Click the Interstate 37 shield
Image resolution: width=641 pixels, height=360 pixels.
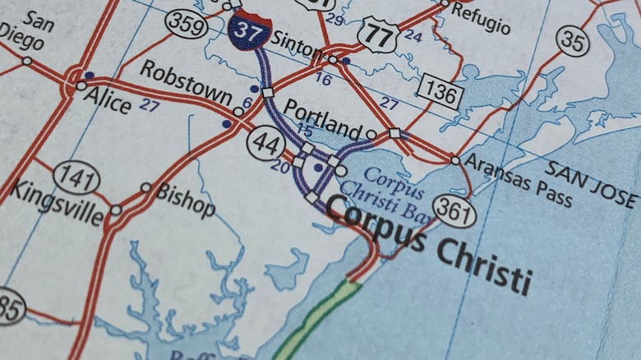pos(250,30)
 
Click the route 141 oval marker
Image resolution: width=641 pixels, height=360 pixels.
pos(76,177)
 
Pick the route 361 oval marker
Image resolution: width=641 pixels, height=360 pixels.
pos(454,212)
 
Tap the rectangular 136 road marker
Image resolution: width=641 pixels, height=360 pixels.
pos(440,93)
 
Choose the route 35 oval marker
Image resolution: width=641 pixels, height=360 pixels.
pos(573,40)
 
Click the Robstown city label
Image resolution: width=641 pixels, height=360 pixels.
pos(185,82)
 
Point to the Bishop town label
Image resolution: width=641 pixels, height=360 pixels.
pos(185,200)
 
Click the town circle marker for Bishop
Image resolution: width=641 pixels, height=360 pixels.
pos(145,187)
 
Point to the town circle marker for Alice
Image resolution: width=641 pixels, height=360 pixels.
pos(81,85)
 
